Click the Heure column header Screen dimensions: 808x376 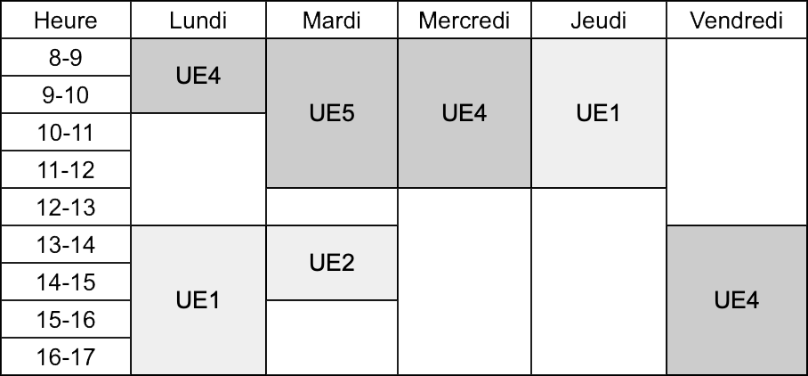coord(66,20)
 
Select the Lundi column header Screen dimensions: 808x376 coord(198,20)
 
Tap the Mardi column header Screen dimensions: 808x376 coord(332,20)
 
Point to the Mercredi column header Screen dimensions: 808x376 coord(465,20)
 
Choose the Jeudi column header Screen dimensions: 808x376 coord(599,20)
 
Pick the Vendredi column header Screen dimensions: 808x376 coord(737,20)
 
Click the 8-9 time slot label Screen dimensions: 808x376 coord(66,57)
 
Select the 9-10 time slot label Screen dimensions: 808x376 coord(66,95)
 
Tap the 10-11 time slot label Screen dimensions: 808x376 coord(66,132)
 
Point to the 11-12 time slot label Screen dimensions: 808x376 coord(66,169)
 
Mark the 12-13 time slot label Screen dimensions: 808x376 coord(66,207)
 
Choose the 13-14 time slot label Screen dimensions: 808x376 coord(66,244)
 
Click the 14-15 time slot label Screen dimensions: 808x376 coord(66,282)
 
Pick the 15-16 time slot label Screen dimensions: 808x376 coord(66,319)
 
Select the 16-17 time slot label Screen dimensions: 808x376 coord(66,356)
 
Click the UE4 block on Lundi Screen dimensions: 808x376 coord(198,76)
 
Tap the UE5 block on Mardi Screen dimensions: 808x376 coord(332,113)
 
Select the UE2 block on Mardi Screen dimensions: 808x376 coord(332,263)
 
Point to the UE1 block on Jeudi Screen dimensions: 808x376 coord(599,113)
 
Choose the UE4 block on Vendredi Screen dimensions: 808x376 coord(737,300)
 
